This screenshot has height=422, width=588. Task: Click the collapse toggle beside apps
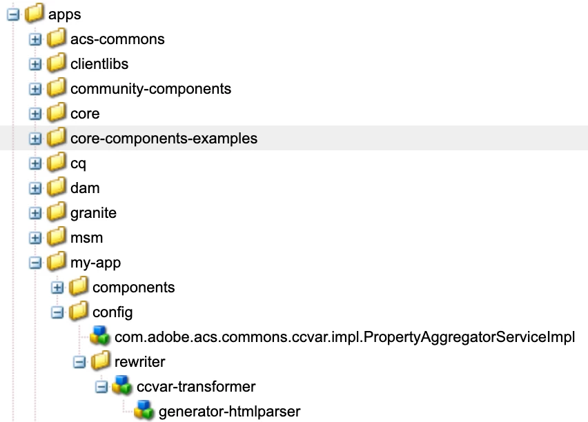13,14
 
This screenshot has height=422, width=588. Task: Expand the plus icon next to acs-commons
35,39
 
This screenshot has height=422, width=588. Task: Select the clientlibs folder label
99,64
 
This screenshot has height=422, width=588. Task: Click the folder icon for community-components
57,88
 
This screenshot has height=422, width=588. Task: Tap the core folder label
85,114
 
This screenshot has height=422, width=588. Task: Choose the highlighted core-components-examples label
164,139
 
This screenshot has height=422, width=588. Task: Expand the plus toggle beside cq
35,164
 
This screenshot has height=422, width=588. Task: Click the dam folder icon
57,187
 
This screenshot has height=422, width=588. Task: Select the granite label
93,213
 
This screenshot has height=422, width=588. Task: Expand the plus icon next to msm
35,238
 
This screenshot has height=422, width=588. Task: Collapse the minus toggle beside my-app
35,263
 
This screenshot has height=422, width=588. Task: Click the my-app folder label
96,263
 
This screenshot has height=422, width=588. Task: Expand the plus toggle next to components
57,288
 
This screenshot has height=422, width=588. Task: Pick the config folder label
112,312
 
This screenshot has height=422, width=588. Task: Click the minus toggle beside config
57,312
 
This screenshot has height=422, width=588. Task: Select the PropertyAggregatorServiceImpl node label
344,337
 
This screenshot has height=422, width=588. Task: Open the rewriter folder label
140,362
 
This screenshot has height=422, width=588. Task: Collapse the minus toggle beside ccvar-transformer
101,387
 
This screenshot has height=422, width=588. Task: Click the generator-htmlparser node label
230,412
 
